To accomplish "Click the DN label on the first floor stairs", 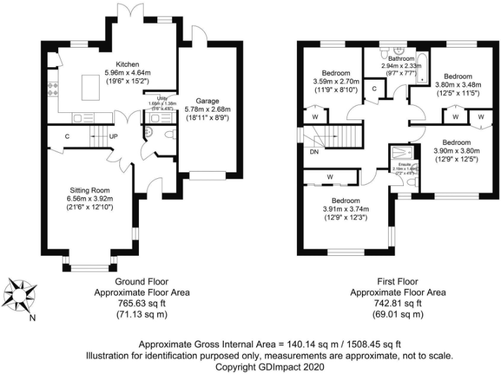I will pyautogui.click(x=314, y=151).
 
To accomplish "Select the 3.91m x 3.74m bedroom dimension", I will pyautogui.click(x=346, y=209).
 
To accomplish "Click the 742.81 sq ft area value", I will pyautogui.click(x=398, y=304).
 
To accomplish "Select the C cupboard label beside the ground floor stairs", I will pyautogui.click(x=67, y=137).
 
